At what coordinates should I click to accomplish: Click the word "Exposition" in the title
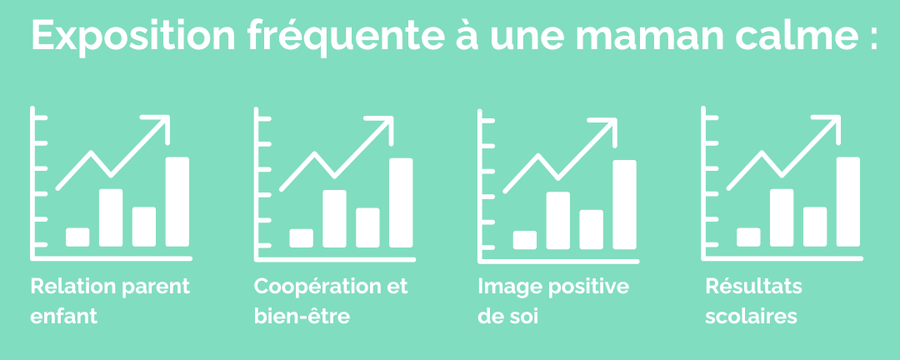pyautogui.click(x=133, y=36)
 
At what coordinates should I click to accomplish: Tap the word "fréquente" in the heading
pyautogui.click(x=346, y=37)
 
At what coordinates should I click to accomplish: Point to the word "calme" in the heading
pyautogui.click(x=782, y=36)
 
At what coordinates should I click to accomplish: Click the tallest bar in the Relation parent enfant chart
pyautogui.click(x=177, y=202)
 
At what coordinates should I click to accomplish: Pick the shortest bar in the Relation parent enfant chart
pyautogui.click(x=77, y=237)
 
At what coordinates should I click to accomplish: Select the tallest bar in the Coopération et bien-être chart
pyautogui.click(x=401, y=202)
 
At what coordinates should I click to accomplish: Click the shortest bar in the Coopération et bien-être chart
pyautogui.click(x=302, y=238)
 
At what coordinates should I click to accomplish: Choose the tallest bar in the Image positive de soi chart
pyautogui.click(x=624, y=204)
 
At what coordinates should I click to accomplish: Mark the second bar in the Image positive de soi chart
pyautogui.click(x=557, y=221)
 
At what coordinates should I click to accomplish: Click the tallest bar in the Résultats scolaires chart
pyautogui.click(x=848, y=202)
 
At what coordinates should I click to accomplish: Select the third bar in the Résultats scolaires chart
pyautogui.click(x=815, y=227)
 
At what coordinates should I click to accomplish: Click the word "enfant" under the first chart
pyautogui.click(x=63, y=317)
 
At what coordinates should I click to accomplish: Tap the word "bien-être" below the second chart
pyautogui.click(x=302, y=317)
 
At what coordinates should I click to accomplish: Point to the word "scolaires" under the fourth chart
pyautogui.click(x=752, y=317)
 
